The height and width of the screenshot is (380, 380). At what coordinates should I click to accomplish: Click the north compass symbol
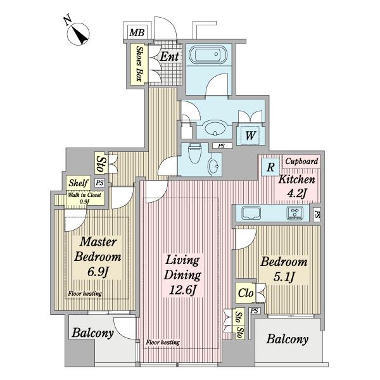tap(78, 34)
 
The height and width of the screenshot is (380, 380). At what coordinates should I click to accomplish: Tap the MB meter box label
tap(137, 32)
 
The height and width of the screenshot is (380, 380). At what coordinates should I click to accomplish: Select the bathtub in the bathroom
tap(208, 55)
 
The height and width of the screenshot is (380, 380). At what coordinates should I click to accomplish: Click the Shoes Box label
tap(139, 63)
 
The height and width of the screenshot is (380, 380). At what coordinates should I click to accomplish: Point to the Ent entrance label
tap(170, 57)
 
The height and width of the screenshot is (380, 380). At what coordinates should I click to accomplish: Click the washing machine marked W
tap(250, 136)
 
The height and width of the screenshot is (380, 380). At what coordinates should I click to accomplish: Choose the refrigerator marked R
tap(270, 167)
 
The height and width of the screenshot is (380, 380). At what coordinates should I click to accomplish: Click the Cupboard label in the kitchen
tap(301, 161)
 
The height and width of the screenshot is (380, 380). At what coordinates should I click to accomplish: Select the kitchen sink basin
tap(251, 213)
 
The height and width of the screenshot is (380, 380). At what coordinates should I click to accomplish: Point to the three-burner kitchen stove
tap(295, 213)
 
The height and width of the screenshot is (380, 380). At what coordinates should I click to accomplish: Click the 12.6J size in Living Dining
tap(182, 290)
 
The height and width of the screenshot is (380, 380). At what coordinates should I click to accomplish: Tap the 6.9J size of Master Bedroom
tap(98, 272)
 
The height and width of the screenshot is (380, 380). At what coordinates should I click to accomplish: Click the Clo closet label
tap(246, 293)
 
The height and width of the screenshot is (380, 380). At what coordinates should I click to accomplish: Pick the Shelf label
tap(79, 183)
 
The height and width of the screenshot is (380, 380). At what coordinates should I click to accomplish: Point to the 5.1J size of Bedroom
tap(284, 277)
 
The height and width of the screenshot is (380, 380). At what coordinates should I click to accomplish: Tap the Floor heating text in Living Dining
tap(163, 343)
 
